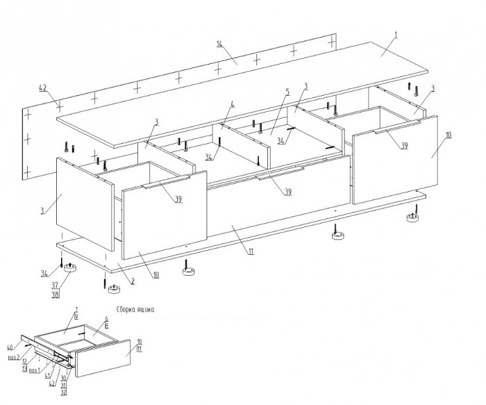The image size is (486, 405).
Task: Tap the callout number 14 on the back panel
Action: [x=219, y=44]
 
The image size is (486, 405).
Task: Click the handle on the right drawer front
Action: [x=398, y=128]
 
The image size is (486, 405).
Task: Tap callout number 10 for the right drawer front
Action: [x=448, y=135]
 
